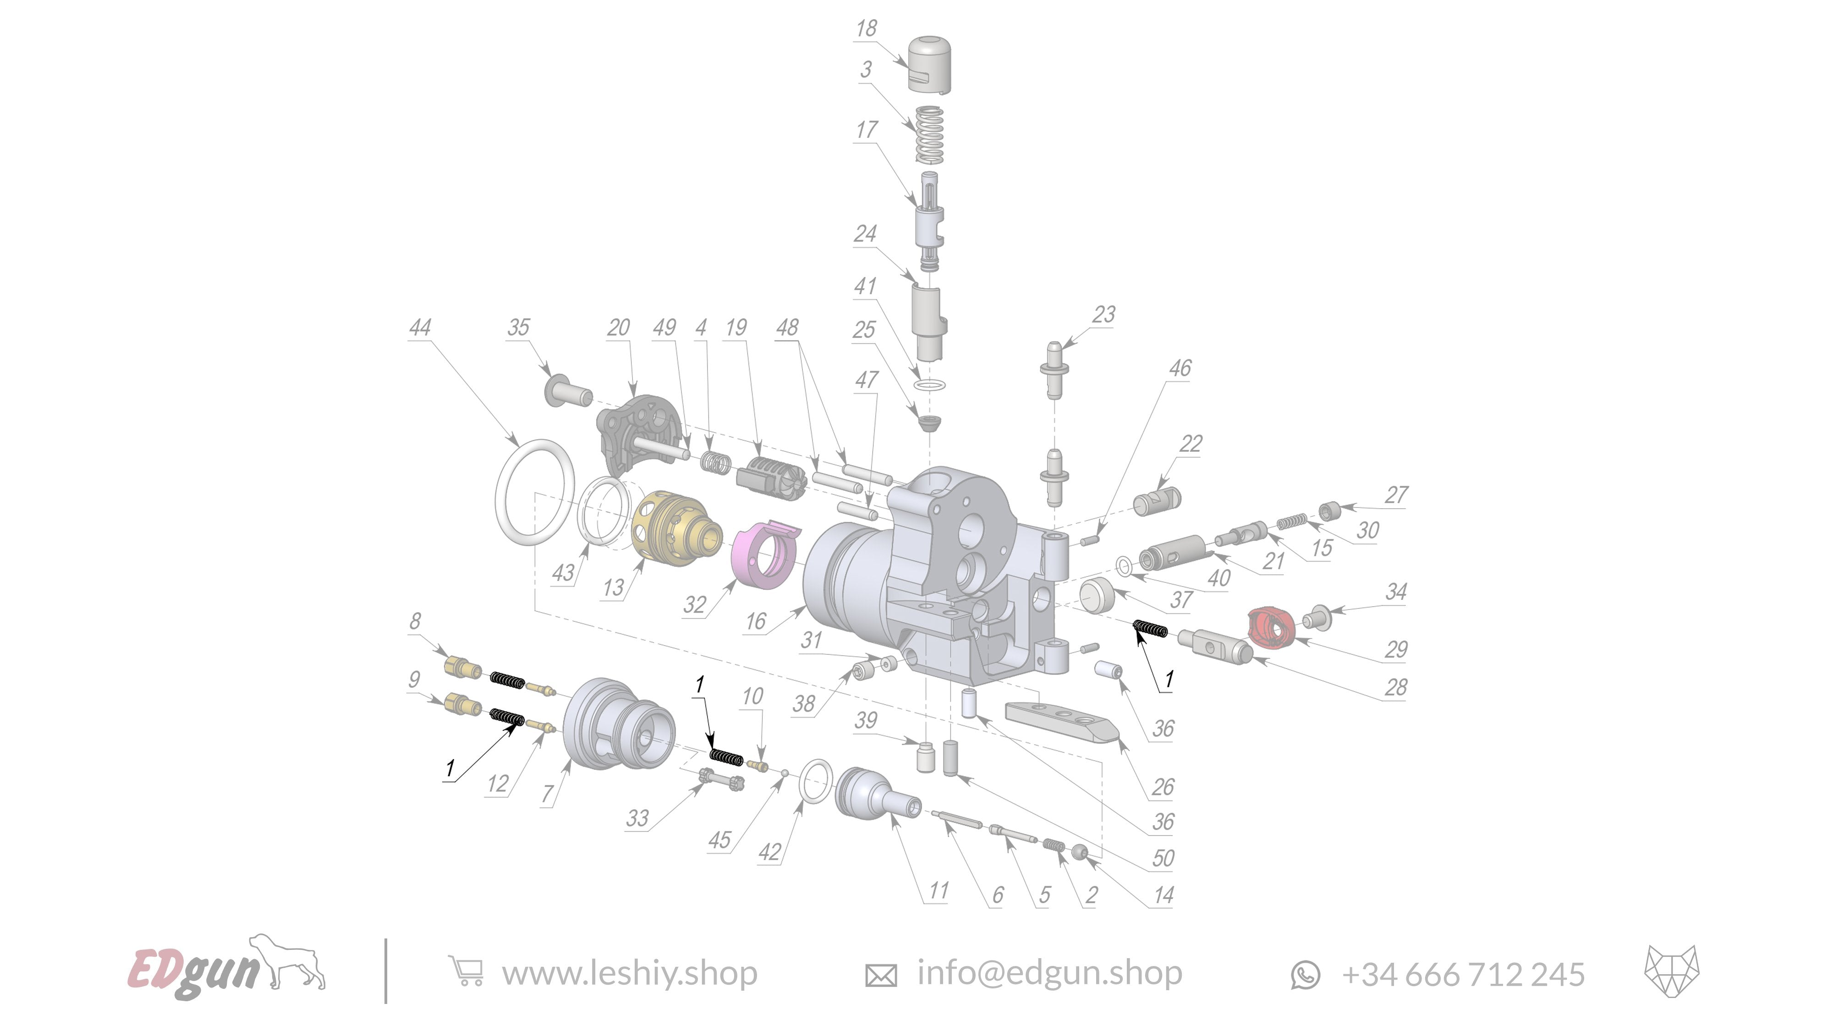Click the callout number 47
tap(866, 380)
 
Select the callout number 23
tap(1103, 314)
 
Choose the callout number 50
tap(1163, 858)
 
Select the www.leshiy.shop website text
tap(629, 973)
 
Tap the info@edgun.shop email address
tap(1049, 973)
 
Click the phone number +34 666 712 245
tap(1462, 974)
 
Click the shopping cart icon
tap(466, 971)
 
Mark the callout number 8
tap(415, 621)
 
